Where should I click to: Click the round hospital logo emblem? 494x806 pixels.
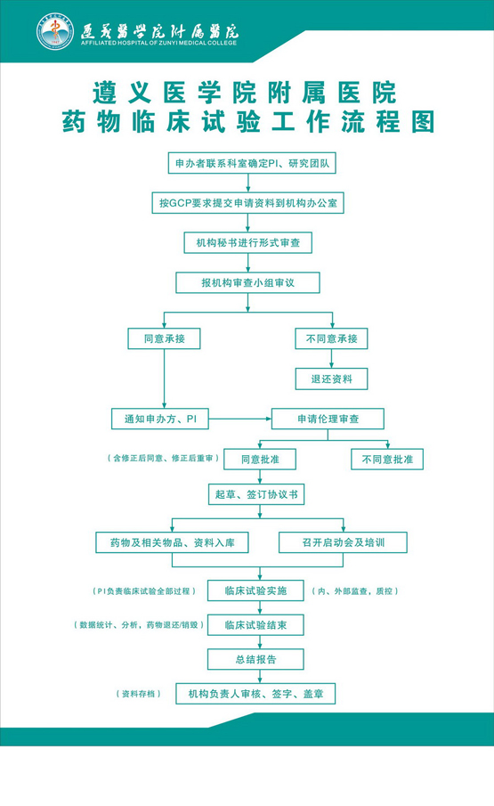(55, 31)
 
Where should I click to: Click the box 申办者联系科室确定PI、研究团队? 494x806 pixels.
(252, 164)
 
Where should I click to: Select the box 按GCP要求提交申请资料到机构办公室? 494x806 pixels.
(248, 203)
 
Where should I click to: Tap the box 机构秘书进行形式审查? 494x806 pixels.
(248, 242)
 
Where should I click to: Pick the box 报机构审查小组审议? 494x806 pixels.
(248, 282)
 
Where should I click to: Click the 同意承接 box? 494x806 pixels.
(164, 338)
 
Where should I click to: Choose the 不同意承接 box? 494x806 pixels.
(331, 338)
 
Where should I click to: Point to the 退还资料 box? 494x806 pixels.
(331, 379)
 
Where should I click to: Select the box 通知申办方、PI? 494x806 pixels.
(160, 419)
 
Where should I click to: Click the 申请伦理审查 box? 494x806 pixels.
(328, 419)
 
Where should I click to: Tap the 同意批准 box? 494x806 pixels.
(260, 459)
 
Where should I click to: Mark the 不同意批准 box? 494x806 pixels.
(387, 459)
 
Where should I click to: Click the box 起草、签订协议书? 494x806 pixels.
(256, 494)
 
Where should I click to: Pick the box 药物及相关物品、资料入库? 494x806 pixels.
(172, 542)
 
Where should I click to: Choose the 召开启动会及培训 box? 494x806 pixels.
(343, 542)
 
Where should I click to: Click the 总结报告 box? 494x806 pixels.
(255, 659)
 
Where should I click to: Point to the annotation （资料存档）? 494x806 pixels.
(139, 694)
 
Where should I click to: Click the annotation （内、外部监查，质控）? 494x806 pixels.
(355, 591)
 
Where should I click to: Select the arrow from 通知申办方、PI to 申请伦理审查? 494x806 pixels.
(240, 419)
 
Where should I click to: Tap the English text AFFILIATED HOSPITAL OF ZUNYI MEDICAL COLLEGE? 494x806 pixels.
(158, 43)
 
